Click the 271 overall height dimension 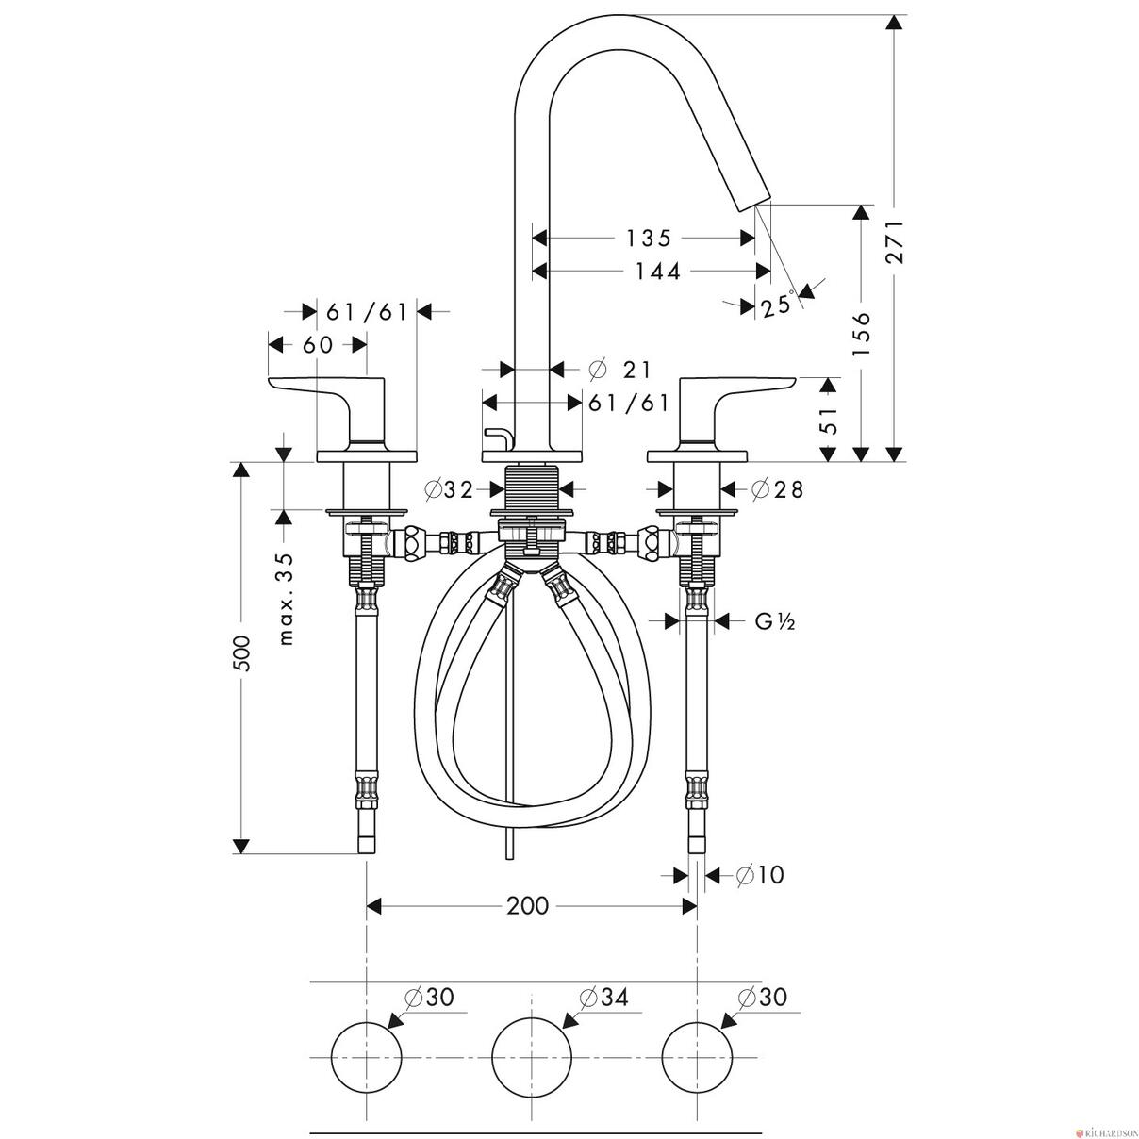pos(895,241)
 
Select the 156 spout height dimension pos(862,334)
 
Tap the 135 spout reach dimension pos(649,239)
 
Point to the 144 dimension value pos(657,272)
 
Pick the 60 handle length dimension pos(318,344)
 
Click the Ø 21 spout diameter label pos(620,370)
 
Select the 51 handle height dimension pos(830,420)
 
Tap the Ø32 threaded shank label pos(449,489)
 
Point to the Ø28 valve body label pos(778,488)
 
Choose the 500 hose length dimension pos(242,653)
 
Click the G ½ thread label pos(774,621)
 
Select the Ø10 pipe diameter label pos(760,874)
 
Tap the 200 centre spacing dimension pos(527,905)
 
